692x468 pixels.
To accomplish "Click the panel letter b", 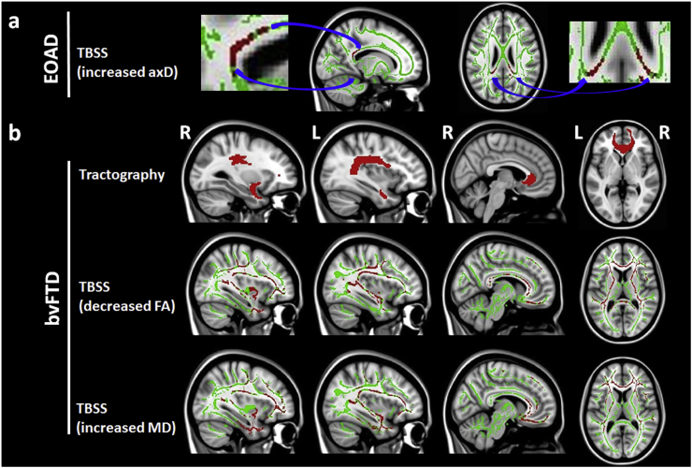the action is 14,134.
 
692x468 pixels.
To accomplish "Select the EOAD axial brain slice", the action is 511,56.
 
